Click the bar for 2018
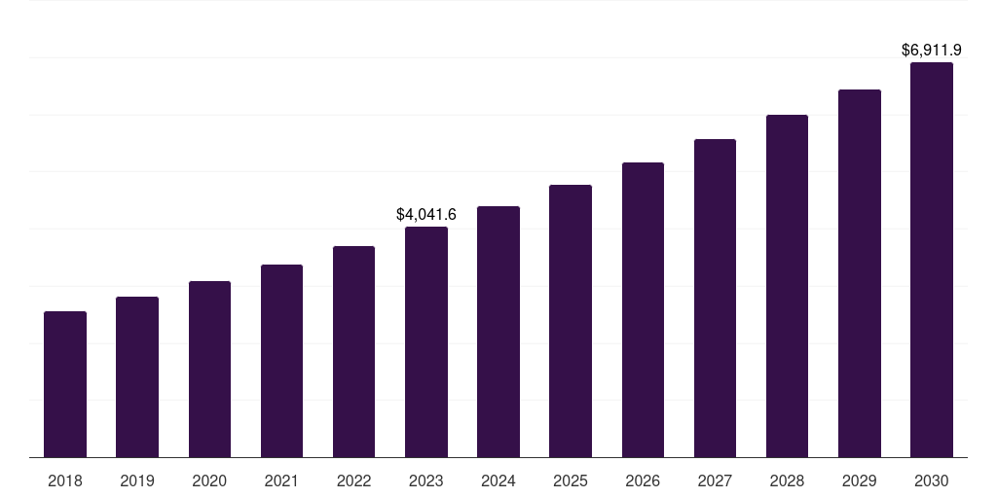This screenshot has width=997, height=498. (x=65, y=384)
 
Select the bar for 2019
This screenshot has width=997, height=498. (x=137, y=376)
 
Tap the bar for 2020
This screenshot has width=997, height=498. (x=209, y=369)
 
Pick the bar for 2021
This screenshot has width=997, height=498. (x=281, y=361)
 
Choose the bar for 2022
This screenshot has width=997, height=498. (x=353, y=351)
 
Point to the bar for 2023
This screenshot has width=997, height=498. (x=426, y=341)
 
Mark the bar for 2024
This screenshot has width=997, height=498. (x=498, y=332)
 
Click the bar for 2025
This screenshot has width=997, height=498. (x=571, y=321)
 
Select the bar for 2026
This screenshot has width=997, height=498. (x=643, y=309)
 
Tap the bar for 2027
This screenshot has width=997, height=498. (x=715, y=298)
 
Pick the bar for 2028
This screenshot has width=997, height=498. (x=787, y=286)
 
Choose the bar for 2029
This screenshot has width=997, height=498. (x=859, y=273)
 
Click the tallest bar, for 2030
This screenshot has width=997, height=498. (x=932, y=260)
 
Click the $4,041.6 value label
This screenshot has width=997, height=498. (x=426, y=214)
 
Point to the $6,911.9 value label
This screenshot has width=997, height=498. (x=932, y=49)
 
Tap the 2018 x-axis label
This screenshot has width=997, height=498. (x=65, y=480)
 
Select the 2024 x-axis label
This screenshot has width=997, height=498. (x=498, y=480)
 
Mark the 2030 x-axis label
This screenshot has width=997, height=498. (x=932, y=480)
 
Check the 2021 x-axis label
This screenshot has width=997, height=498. (x=281, y=480)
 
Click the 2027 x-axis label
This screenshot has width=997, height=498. (x=715, y=480)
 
